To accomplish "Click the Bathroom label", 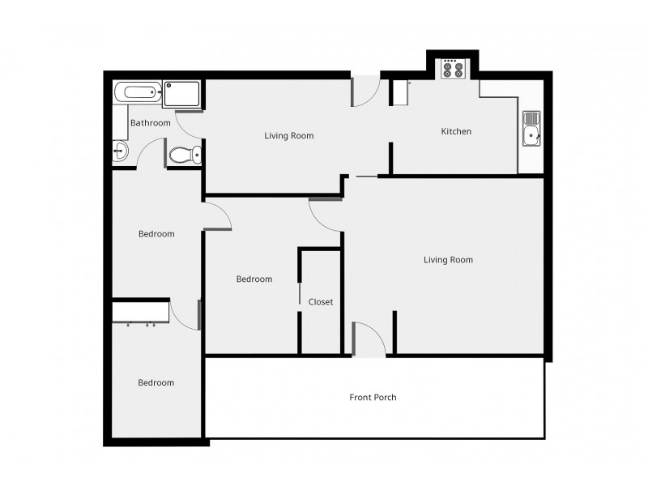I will [x=151, y=123].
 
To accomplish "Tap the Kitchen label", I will [x=456, y=131].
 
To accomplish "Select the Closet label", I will [x=321, y=302].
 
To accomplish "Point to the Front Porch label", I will [x=373, y=398].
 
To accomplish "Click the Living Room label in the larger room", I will [x=448, y=260].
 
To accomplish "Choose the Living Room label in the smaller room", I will [x=289, y=135].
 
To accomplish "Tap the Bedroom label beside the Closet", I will [x=254, y=279].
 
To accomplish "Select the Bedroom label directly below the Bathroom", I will [x=156, y=234].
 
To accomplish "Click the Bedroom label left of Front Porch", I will [x=156, y=383].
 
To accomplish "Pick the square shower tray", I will [x=181, y=93].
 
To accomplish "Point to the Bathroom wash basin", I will [x=120, y=150].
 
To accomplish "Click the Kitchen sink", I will [x=532, y=130].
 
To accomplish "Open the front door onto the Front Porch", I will [x=369, y=339].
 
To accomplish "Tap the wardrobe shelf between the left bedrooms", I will [x=140, y=312].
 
